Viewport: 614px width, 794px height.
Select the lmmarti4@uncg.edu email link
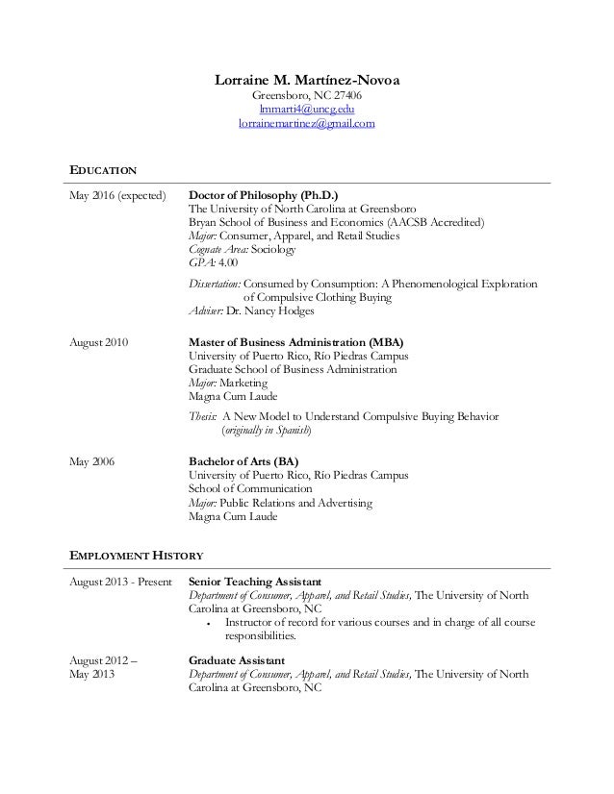click(307, 110)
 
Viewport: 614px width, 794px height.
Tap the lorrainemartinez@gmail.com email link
click(307, 124)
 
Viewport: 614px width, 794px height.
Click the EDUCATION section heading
click(103, 171)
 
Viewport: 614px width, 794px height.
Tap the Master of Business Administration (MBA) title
click(295, 342)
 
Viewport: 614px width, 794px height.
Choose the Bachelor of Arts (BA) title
click(237, 461)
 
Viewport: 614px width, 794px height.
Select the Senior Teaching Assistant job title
click(254, 582)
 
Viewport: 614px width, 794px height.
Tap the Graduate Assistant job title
click(236, 660)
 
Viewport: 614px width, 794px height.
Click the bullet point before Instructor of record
click(209, 623)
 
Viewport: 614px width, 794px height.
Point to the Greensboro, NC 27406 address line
click(307, 95)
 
